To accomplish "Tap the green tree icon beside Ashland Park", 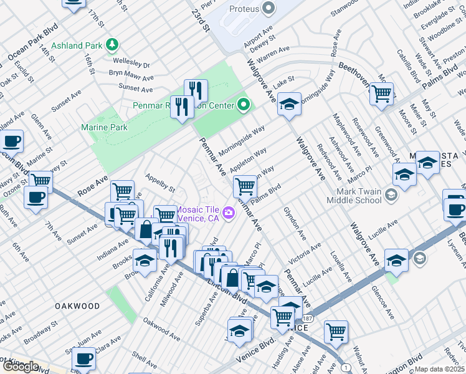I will (112, 44).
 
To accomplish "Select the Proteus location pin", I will (269, 9).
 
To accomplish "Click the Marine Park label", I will (104, 127).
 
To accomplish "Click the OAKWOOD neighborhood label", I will (77, 306).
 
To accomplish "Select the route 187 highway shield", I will (310, 319).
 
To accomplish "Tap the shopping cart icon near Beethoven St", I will (381, 93).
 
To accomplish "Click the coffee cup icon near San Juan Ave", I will (84, 359).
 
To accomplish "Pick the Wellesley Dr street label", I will (131, 64).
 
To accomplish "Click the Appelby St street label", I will (160, 183).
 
